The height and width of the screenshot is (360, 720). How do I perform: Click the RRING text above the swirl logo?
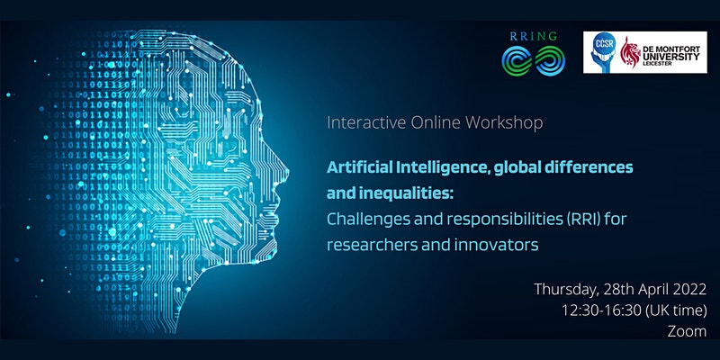tap(533, 36)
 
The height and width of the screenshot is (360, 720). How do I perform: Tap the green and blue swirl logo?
tap(533, 60)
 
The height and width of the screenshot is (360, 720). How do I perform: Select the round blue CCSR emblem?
tap(603, 51)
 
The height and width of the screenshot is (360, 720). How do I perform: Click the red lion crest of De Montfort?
tap(630, 52)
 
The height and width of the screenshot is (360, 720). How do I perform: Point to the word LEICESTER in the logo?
tap(658, 64)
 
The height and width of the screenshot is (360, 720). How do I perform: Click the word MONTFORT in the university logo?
tap(679, 49)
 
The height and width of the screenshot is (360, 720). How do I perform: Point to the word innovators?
tap(497, 245)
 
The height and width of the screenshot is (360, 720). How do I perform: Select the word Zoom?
tap(687, 331)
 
